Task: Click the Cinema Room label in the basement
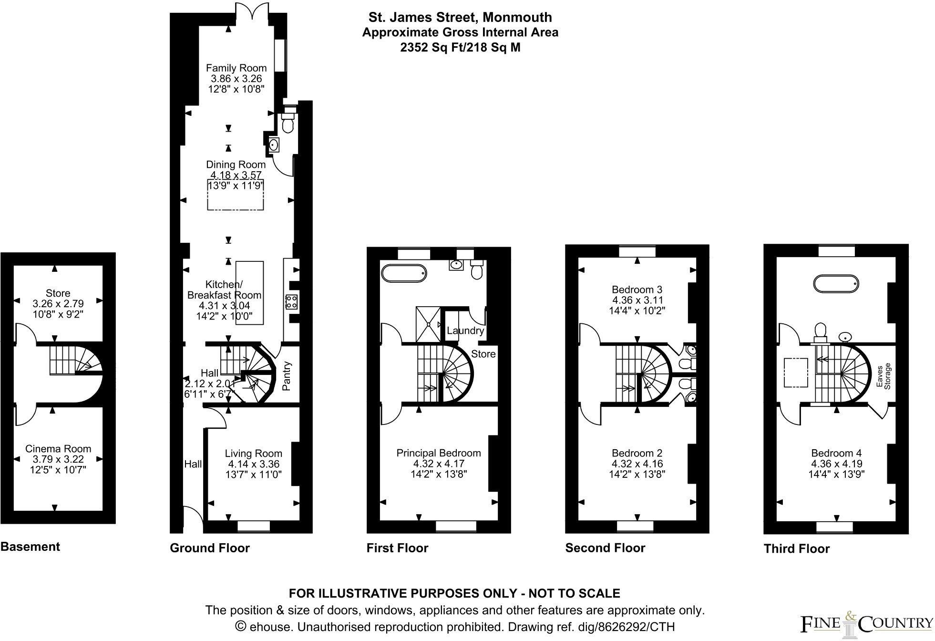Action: pyautogui.click(x=58, y=449)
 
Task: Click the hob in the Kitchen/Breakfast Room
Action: pyautogui.click(x=291, y=302)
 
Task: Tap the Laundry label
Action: pyautogui.click(x=465, y=331)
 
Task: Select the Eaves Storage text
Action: pyautogui.click(x=884, y=376)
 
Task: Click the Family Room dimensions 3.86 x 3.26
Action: pyautogui.click(x=236, y=79)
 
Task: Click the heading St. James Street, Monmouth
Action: pyautogui.click(x=460, y=18)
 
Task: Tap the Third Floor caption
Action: pyautogui.click(x=796, y=549)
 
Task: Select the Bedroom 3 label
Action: pyautogui.click(x=637, y=289)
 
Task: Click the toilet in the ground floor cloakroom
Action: pyautogui.click(x=288, y=125)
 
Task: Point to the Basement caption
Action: pyautogui.click(x=30, y=547)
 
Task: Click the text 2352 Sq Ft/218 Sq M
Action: pyautogui.click(x=460, y=48)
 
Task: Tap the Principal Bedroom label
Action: pyautogui.click(x=438, y=453)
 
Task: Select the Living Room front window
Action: pyautogui.click(x=253, y=526)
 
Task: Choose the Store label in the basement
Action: pyautogui.click(x=58, y=293)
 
